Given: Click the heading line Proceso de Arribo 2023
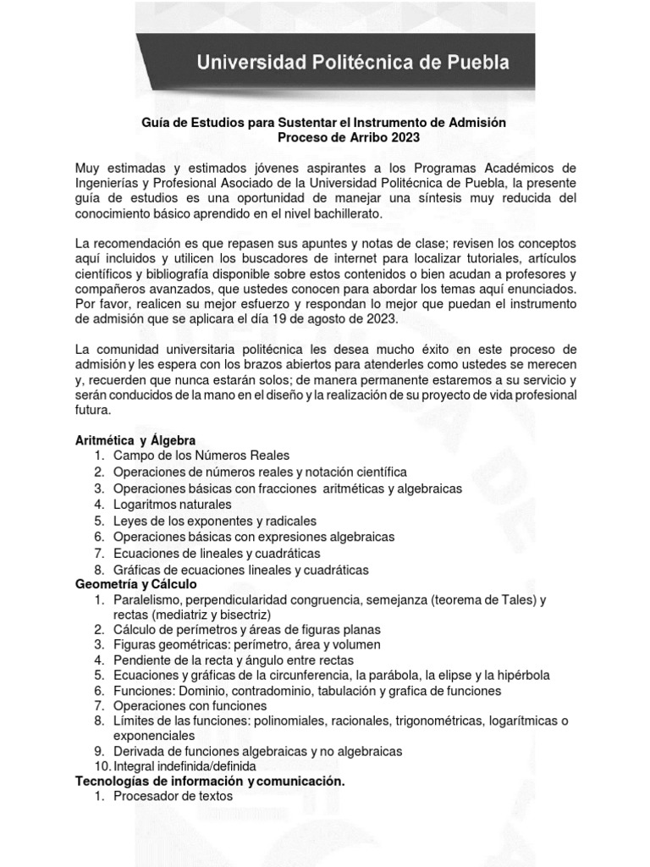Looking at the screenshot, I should coord(349,137).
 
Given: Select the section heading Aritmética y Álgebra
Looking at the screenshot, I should coord(135,440).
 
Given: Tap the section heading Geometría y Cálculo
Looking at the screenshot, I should coord(135,585).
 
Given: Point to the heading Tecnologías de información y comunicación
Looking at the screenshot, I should coord(211,780).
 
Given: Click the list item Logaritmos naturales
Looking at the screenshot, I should coord(172,505).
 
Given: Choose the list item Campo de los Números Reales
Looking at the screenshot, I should coord(201,456).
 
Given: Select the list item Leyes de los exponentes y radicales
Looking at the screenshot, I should coord(215,521).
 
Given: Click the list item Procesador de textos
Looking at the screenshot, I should coord(173,796).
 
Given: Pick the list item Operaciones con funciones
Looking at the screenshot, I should coord(190,705).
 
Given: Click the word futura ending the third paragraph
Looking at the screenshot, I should coord(93,410).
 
